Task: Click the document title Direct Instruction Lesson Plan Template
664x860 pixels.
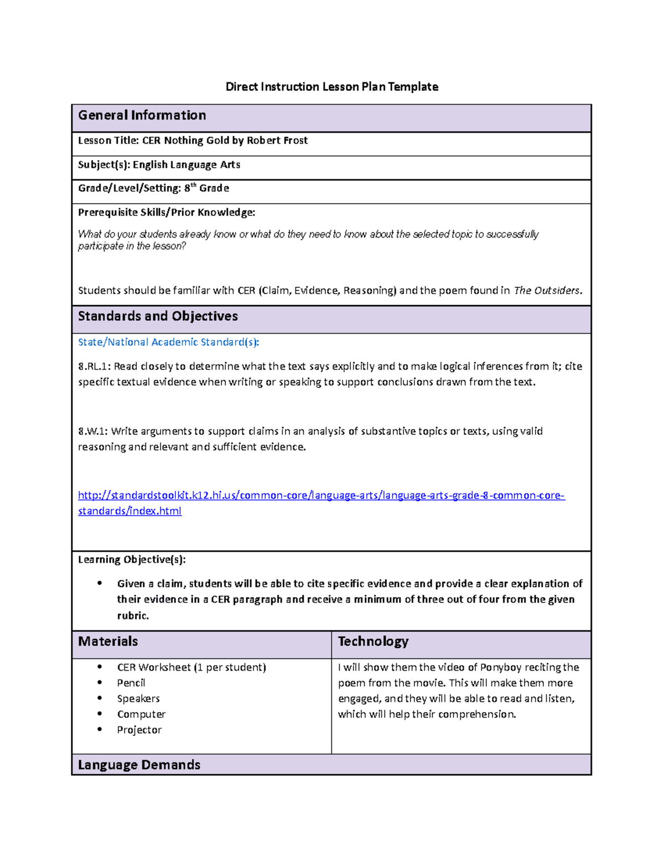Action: (x=331, y=86)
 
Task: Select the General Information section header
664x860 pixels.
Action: (x=142, y=115)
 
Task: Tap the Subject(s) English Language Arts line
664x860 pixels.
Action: (x=159, y=164)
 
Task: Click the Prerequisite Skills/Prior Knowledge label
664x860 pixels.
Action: (x=167, y=212)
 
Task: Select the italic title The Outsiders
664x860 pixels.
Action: (x=547, y=291)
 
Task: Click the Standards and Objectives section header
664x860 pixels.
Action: (x=158, y=316)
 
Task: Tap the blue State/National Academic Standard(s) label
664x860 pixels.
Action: (x=168, y=342)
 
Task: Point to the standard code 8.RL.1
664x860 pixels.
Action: (x=94, y=367)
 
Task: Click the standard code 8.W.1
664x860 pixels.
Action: (x=92, y=431)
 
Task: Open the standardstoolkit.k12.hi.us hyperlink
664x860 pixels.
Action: (x=321, y=496)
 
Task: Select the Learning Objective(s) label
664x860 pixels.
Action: (x=132, y=559)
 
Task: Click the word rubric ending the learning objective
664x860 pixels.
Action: (x=132, y=616)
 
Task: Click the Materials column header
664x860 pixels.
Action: (x=108, y=641)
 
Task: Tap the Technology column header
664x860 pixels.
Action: (x=373, y=641)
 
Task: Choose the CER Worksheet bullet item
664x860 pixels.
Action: (x=191, y=667)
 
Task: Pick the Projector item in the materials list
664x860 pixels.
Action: (x=139, y=730)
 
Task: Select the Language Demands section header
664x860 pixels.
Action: (x=139, y=765)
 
